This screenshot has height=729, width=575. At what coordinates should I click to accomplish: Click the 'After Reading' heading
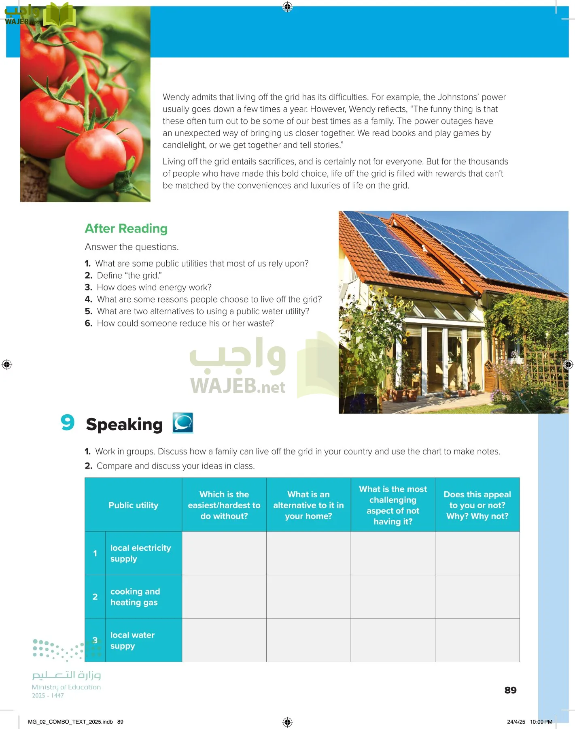tap(126, 229)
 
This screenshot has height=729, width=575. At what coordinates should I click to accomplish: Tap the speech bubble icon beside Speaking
tap(183, 423)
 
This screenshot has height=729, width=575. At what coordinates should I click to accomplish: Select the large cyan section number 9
tap(68, 422)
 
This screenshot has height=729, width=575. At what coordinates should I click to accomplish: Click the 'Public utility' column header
tap(133, 505)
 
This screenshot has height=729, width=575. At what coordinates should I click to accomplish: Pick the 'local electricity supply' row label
tap(140, 553)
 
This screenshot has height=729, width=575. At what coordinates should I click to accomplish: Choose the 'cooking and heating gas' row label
tap(135, 597)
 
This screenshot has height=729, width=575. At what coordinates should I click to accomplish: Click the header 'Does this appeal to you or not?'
tap(477, 505)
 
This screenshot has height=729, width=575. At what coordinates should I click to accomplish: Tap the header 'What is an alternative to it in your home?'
tap(308, 505)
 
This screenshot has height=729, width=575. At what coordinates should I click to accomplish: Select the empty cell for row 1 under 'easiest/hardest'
tap(224, 553)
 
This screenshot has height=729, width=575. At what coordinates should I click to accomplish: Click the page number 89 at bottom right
tap(510, 690)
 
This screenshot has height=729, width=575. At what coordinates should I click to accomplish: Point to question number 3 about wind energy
tap(89, 288)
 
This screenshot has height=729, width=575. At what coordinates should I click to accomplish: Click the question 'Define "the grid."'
tap(129, 275)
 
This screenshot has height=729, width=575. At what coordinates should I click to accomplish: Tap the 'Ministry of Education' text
tap(66, 687)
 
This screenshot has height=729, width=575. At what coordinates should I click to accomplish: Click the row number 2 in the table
tap(95, 597)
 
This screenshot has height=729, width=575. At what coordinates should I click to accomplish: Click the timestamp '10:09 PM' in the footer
tap(541, 722)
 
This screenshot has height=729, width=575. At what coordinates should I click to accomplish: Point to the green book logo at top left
tap(59, 15)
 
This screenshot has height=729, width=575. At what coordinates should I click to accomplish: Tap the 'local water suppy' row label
tap(132, 640)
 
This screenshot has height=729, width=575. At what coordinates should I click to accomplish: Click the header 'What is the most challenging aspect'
tap(393, 505)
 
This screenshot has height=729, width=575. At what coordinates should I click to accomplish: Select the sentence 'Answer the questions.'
tap(132, 247)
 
